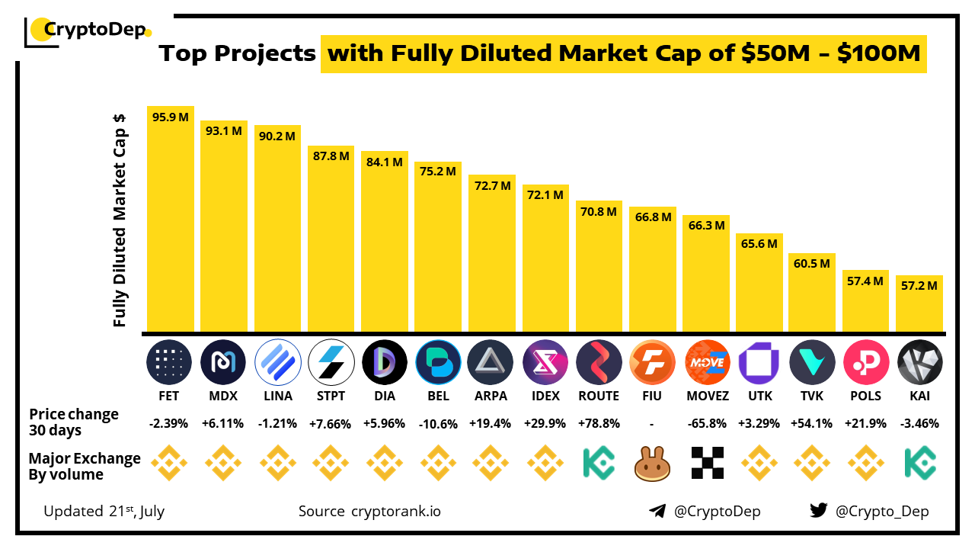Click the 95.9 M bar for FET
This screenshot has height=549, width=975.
coord(171,221)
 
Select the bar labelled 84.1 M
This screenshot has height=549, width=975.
coord(385,244)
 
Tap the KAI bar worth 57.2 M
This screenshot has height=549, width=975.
coord(919,305)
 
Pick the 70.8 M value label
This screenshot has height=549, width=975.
coord(599,212)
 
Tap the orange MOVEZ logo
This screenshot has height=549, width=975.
coord(706,361)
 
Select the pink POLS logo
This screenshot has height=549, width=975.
coord(866,361)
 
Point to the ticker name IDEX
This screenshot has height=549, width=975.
coord(545,396)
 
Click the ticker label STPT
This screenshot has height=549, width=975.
coord(331,396)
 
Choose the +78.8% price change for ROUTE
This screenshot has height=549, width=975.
coord(599,423)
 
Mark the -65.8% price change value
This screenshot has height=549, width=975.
coord(706,423)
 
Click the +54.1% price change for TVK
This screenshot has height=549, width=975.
coord(813,423)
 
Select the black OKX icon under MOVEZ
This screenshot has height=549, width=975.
coord(706,463)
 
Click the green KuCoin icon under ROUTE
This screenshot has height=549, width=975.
coord(599,463)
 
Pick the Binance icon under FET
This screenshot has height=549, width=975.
coord(171,463)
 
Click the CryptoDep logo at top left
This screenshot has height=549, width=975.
coord(88,30)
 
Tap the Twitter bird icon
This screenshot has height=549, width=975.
coord(819,511)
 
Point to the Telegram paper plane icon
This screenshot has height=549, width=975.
coord(657,511)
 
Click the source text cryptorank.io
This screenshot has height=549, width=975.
coord(396,511)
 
